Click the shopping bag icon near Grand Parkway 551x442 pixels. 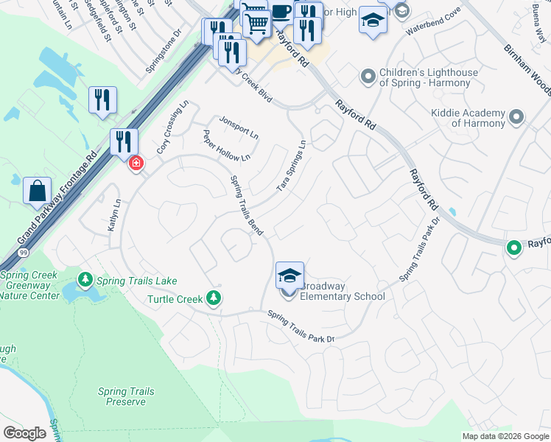pos(37,192)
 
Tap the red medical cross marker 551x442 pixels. pos(136,163)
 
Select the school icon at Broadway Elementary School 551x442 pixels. pos(289,276)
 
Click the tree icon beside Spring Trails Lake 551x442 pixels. pos(85,281)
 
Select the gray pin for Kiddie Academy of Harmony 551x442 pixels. pos(516,117)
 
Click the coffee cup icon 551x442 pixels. pos(281,12)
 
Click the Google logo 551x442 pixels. pos(24,433)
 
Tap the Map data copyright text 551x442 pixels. pos(505,436)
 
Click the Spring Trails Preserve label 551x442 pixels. pos(125,396)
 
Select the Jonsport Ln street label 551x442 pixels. pos(239,127)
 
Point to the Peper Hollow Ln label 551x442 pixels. pos(227,146)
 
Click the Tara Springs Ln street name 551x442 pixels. pos(291,166)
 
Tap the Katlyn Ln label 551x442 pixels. pos(114,216)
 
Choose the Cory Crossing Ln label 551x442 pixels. pos(173,127)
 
